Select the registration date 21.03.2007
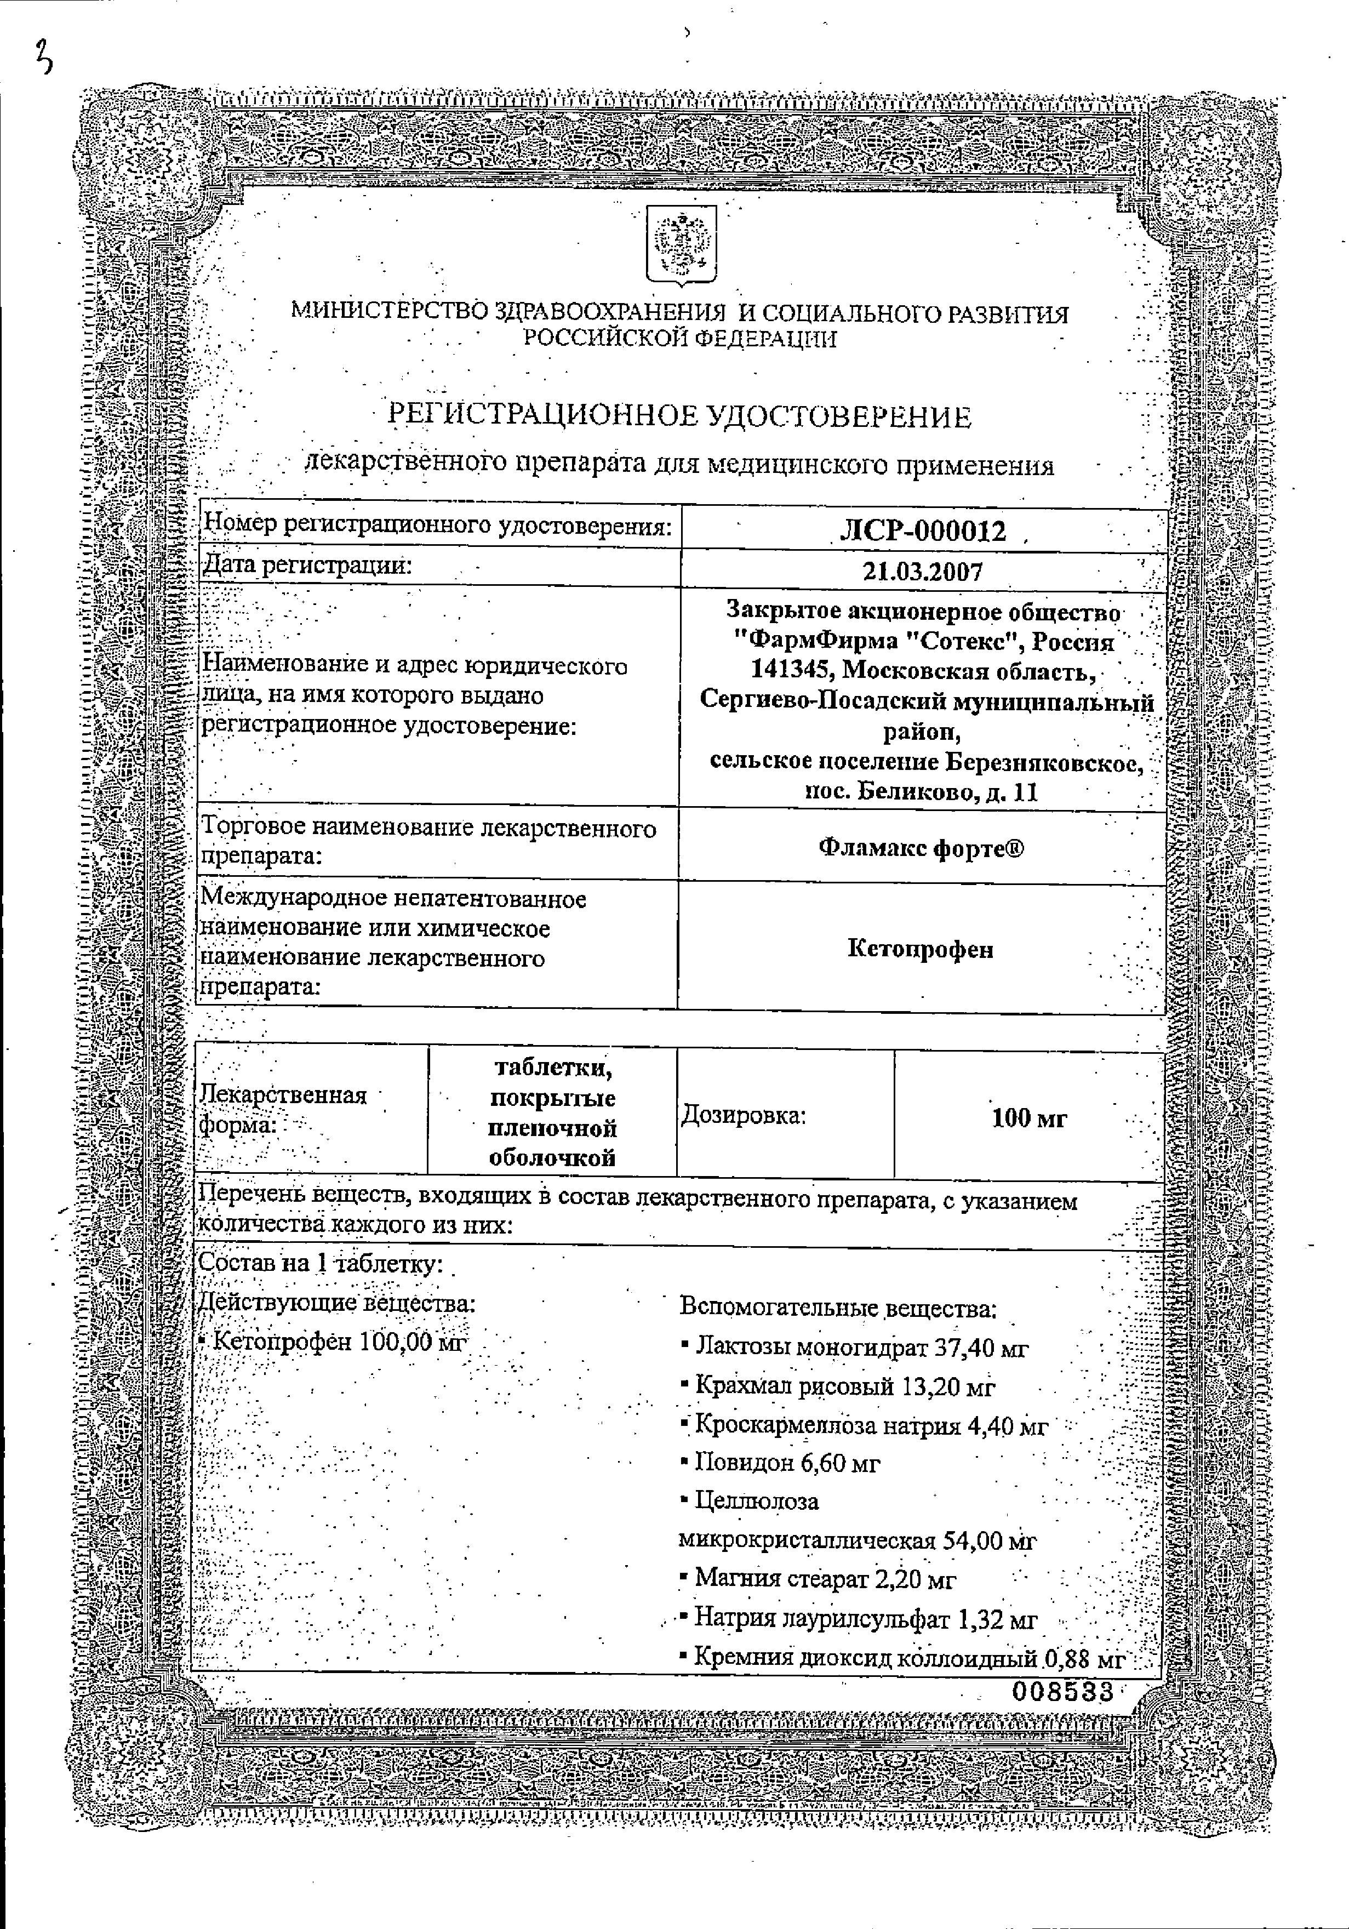tap(922, 572)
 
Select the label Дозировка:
tap(742, 1116)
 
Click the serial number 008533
tap(1062, 1691)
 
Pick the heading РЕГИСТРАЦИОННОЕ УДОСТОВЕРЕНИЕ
tap(679, 416)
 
